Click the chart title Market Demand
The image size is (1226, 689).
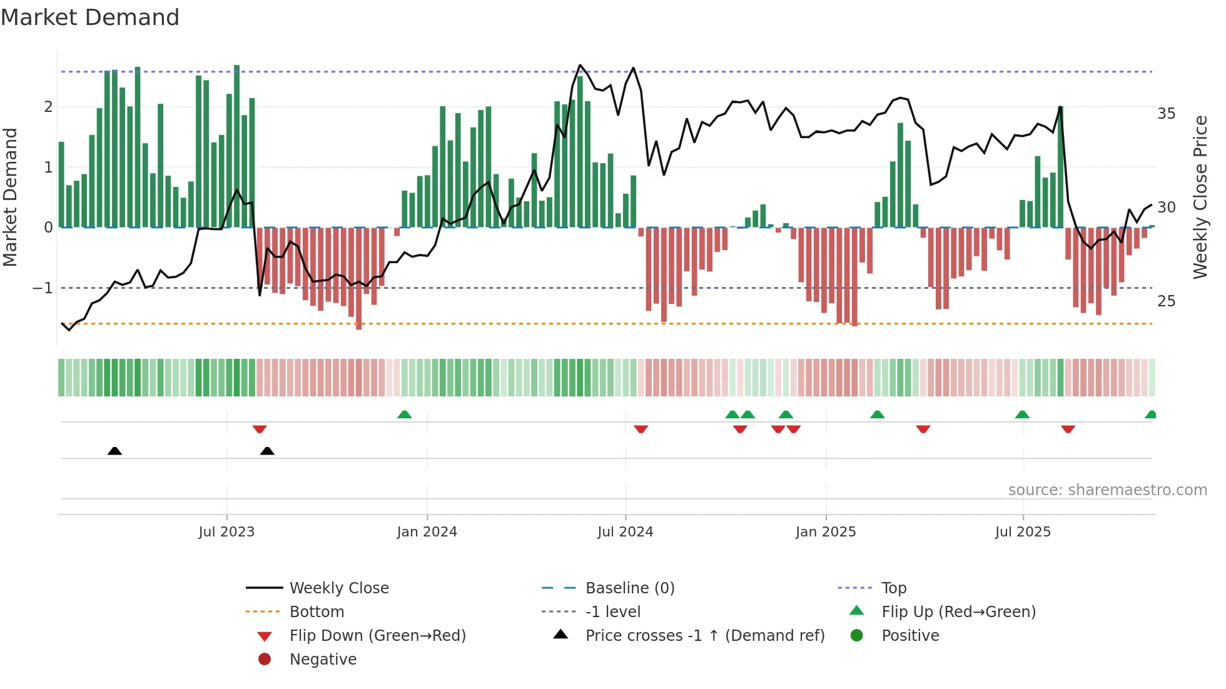coord(90,18)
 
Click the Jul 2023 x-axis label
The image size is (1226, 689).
coord(226,532)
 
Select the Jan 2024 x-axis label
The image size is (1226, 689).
coord(427,532)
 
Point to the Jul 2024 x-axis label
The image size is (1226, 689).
coord(625,532)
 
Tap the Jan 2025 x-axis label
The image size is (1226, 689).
coord(825,532)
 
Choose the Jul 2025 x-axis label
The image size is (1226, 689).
coord(1023,532)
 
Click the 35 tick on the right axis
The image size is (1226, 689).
coord(1166,114)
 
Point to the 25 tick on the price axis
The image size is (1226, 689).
coord(1166,301)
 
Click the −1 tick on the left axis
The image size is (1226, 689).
coord(43,288)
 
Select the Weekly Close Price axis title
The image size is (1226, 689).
coord(1200,197)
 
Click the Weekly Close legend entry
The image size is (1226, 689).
coord(338,588)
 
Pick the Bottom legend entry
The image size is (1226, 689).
coord(317,612)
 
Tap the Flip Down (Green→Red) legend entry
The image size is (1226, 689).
coord(377,636)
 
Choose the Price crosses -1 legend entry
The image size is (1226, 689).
coord(704,636)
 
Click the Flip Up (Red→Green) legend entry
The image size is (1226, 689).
coord(958,612)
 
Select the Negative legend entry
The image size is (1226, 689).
coord(323,660)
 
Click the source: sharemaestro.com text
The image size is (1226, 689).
coord(1107,490)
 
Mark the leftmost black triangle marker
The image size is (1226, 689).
coord(114,451)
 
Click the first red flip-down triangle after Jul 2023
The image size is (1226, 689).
coord(260,429)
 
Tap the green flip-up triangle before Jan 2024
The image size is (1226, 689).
coord(405,415)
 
